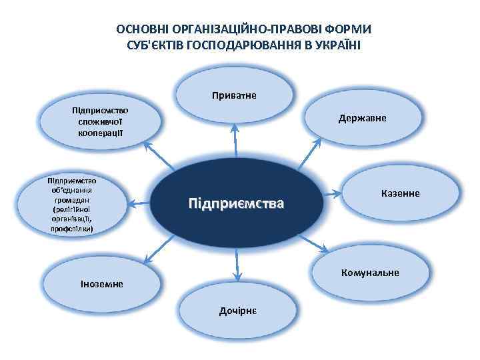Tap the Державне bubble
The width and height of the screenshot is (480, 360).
[365, 120]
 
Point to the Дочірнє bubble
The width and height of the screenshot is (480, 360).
[238, 311]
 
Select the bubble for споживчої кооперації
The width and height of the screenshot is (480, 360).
[101, 122]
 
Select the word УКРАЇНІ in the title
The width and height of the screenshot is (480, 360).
[335, 45]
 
